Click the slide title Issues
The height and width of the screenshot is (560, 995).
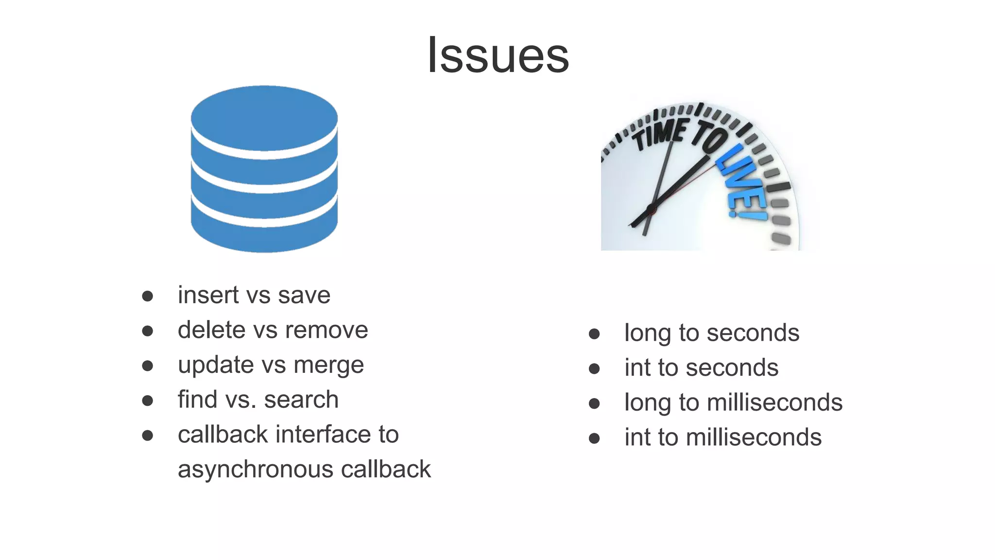(498, 55)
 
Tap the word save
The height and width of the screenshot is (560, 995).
(304, 295)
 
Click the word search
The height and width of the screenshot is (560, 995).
(301, 400)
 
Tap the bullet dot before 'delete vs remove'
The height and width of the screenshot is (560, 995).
(148, 331)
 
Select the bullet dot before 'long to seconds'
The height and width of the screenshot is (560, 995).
(594, 334)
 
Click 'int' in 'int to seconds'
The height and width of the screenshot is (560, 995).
(637, 367)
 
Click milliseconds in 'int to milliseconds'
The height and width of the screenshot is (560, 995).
(754, 437)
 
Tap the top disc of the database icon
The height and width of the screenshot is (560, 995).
(264, 117)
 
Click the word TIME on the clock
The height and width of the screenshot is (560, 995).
(659, 134)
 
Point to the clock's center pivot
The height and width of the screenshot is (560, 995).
(652, 210)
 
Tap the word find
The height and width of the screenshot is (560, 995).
(197, 400)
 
